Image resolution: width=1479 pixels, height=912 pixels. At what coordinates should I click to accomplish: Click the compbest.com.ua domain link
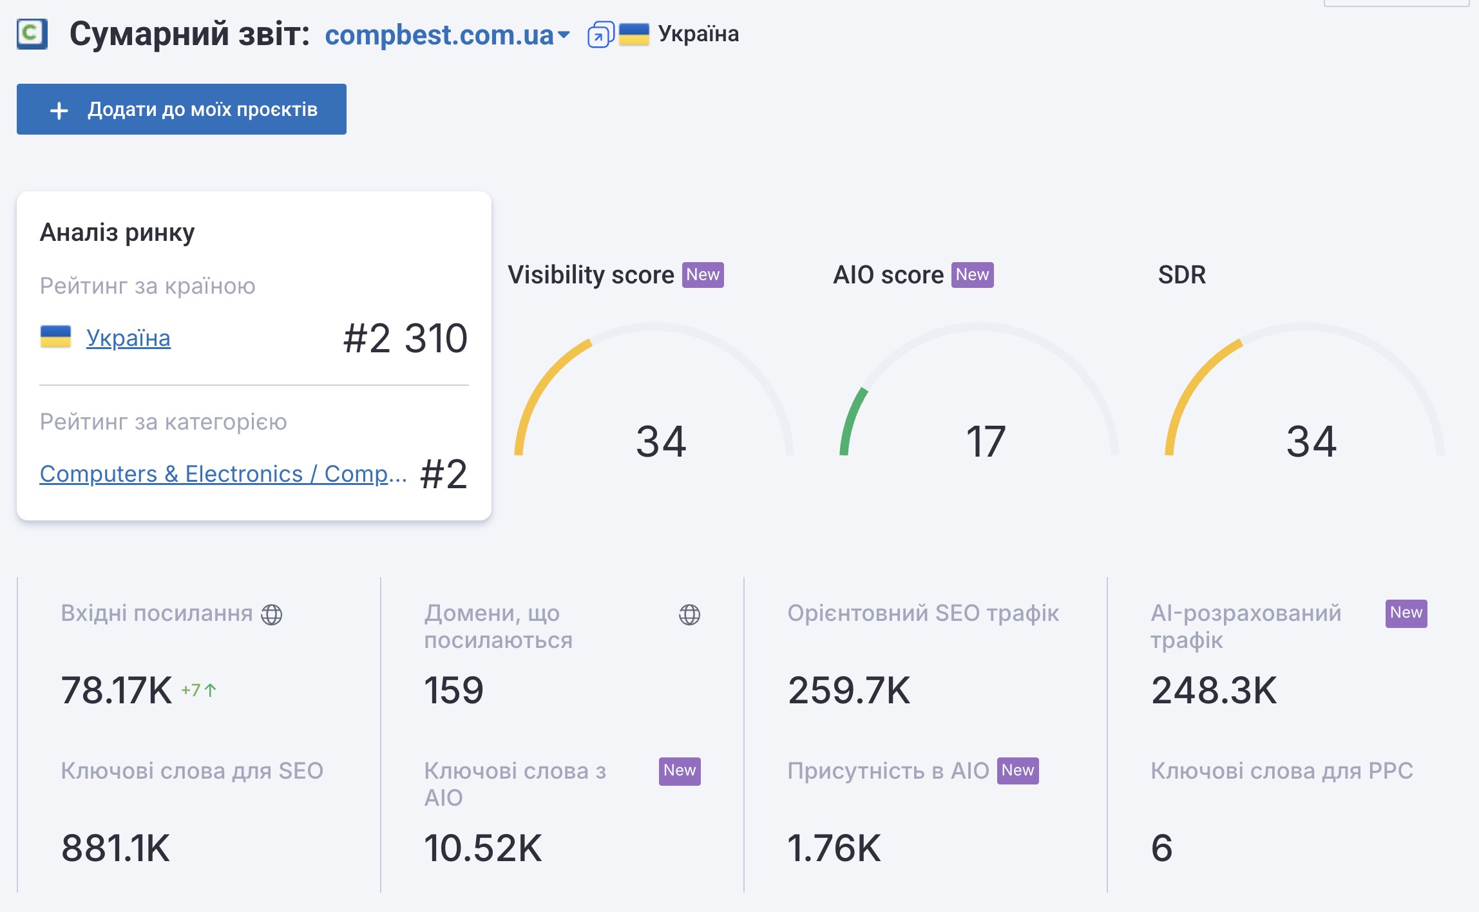coord(439,35)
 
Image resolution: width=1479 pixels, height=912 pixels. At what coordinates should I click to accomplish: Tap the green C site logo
coord(32,33)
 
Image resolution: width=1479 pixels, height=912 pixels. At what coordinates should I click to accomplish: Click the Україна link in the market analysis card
coord(128,337)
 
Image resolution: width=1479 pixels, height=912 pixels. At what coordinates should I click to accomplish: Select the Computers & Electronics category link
coord(223,473)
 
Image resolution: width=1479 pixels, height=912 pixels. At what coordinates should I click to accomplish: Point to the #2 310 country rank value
coord(405,338)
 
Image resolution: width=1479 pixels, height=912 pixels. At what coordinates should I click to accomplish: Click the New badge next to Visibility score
coord(703,275)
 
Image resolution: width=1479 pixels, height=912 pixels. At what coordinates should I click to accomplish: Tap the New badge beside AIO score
coord(972,275)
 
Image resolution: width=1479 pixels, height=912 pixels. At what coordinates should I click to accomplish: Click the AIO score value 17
coord(985,442)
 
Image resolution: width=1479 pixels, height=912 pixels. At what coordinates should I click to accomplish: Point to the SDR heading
coord(1181,275)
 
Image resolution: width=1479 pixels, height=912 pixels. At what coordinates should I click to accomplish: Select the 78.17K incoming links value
coord(117,690)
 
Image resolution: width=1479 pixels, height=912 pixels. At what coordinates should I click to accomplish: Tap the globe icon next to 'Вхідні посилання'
coord(271,614)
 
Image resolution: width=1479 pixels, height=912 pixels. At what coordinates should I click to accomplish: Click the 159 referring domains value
coord(453,690)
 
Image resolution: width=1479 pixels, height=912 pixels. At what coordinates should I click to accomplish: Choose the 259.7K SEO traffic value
coord(849,690)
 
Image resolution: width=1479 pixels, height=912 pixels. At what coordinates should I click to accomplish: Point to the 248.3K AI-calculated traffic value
coord(1214,690)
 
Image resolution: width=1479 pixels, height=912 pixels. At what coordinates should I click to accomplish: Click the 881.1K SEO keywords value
coord(115,848)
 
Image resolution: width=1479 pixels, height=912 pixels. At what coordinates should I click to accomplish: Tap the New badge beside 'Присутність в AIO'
coord(1017,771)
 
